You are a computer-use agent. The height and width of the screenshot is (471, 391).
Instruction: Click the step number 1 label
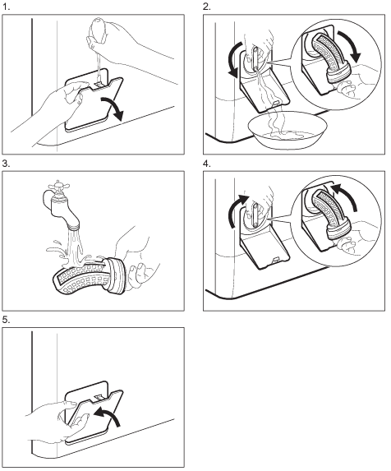click(x=6, y=7)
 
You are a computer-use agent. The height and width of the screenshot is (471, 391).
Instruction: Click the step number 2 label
click(x=207, y=7)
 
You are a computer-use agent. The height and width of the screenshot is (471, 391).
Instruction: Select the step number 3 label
click(x=6, y=164)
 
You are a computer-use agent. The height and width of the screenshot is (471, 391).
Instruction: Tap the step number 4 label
click(x=207, y=164)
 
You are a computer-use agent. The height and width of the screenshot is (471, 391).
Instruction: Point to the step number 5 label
click(x=6, y=321)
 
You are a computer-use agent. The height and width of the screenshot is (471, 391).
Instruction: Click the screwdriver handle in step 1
click(x=98, y=30)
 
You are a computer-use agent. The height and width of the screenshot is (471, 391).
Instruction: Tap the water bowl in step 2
click(x=287, y=130)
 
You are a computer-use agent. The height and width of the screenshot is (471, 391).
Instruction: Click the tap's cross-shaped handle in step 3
click(x=57, y=185)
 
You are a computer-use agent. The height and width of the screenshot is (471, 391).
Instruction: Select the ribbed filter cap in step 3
click(x=117, y=275)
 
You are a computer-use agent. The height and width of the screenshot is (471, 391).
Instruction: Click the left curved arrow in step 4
click(x=237, y=212)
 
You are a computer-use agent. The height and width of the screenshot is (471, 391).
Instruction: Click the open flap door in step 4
click(x=264, y=253)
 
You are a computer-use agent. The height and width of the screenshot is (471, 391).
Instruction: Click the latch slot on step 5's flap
click(x=99, y=398)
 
